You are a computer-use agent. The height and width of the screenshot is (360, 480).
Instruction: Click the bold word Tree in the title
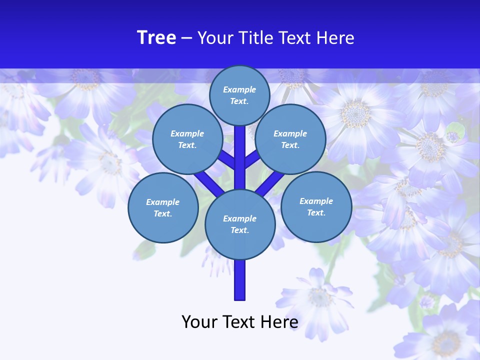click(x=156, y=37)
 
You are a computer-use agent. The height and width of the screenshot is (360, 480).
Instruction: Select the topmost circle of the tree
click(x=239, y=95)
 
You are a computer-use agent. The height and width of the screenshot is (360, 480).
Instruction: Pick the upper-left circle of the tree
click(x=187, y=139)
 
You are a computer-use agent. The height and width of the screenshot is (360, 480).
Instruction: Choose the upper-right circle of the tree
click(x=290, y=139)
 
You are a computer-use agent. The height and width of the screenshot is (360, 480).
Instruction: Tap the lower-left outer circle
click(x=163, y=208)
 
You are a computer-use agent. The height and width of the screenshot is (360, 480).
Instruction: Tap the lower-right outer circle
click(x=316, y=207)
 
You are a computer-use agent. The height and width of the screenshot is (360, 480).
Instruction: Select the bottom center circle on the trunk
click(x=240, y=224)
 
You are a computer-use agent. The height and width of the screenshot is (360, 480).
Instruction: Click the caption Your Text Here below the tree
click(x=239, y=321)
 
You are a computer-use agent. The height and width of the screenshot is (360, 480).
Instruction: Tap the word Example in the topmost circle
click(x=239, y=89)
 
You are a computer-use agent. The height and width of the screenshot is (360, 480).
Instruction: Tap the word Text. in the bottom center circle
click(x=239, y=230)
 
